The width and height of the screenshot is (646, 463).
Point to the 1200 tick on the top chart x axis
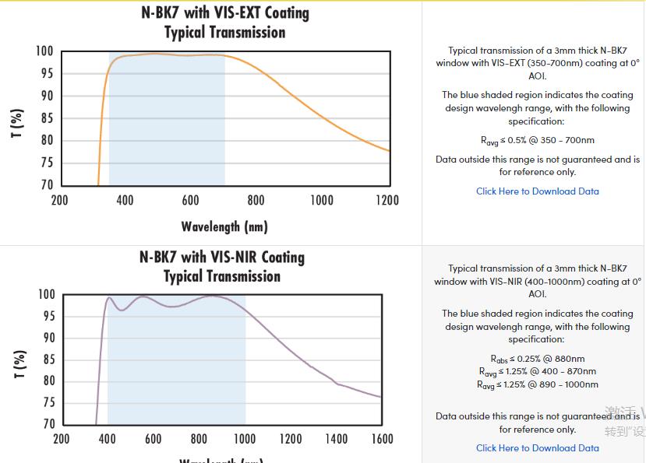(x=387, y=201)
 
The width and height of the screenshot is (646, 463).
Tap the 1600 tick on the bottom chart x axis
(x=382, y=439)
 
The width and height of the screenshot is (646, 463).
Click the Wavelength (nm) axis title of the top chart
(x=224, y=227)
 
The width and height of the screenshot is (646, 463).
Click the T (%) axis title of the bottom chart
(x=18, y=363)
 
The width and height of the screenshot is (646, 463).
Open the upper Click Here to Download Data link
(x=538, y=191)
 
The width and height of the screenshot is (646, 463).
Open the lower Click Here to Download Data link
(x=538, y=448)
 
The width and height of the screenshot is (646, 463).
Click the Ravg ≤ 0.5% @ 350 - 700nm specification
(x=538, y=141)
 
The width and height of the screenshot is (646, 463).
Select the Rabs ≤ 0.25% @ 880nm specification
(x=538, y=359)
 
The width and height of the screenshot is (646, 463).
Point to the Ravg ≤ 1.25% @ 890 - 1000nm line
(x=538, y=384)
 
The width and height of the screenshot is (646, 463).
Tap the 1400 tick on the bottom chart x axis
(x=337, y=439)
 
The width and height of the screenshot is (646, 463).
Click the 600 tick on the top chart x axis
(x=190, y=201)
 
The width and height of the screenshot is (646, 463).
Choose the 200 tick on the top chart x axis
(x=60, y=201)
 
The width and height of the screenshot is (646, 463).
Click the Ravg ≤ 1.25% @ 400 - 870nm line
(x=538, y=371)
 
